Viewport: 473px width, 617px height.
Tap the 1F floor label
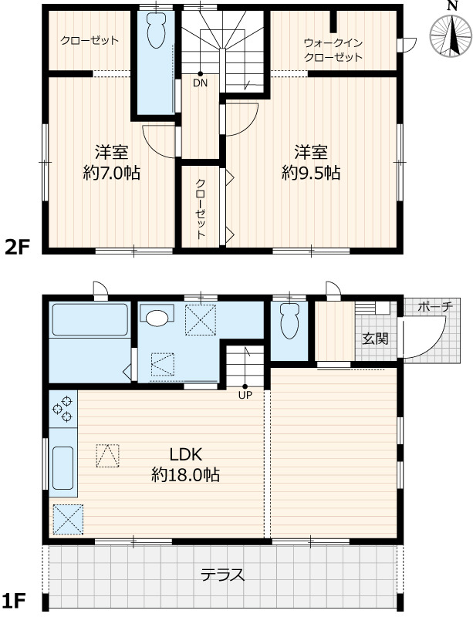tap(14, 601)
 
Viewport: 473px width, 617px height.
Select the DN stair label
tap(200, 83)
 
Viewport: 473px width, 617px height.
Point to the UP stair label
tap(245, 395)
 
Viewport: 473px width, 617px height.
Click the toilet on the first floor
tap(289, 321)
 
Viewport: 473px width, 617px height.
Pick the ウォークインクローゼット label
tap(333, 50)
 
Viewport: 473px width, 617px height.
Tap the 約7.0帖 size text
tap(111, 173)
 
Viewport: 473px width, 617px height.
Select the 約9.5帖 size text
tap(311, 173)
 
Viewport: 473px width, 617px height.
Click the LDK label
tap(186, 455)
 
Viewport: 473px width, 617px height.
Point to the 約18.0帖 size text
tap(186, 475)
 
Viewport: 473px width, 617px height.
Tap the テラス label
tap(222, 575)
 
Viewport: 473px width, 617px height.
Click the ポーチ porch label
tap(434, 306)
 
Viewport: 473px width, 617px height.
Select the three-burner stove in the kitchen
tap(63, 409)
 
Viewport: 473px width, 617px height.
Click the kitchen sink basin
tap(63, 468)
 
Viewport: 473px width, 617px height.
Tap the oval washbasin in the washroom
tap(157, 317)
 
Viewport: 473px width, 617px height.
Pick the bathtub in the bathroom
tap(90, 319)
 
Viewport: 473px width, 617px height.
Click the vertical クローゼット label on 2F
tap(201, 209)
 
